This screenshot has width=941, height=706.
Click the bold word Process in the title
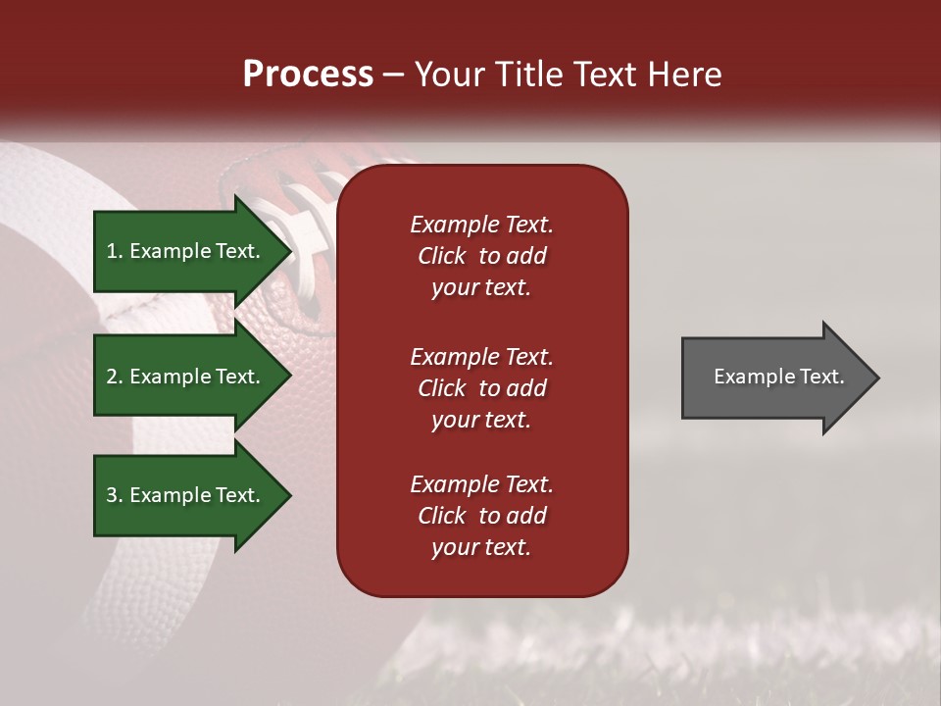point(308,75)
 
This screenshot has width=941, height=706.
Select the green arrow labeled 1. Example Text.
point(186,251)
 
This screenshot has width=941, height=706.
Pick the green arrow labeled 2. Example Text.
point(186,377)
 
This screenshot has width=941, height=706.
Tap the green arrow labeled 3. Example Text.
point(186,495)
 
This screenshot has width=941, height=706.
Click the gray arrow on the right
point(774,377)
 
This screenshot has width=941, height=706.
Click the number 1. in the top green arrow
point(116,251)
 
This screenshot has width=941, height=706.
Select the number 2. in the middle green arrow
point(116,377)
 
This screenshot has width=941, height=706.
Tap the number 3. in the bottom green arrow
point(116,495)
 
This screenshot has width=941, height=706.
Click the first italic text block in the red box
point(481,256)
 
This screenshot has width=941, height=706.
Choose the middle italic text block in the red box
point(481,388)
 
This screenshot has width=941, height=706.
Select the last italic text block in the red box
point(481,516)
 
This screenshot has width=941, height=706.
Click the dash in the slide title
point(393,76)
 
